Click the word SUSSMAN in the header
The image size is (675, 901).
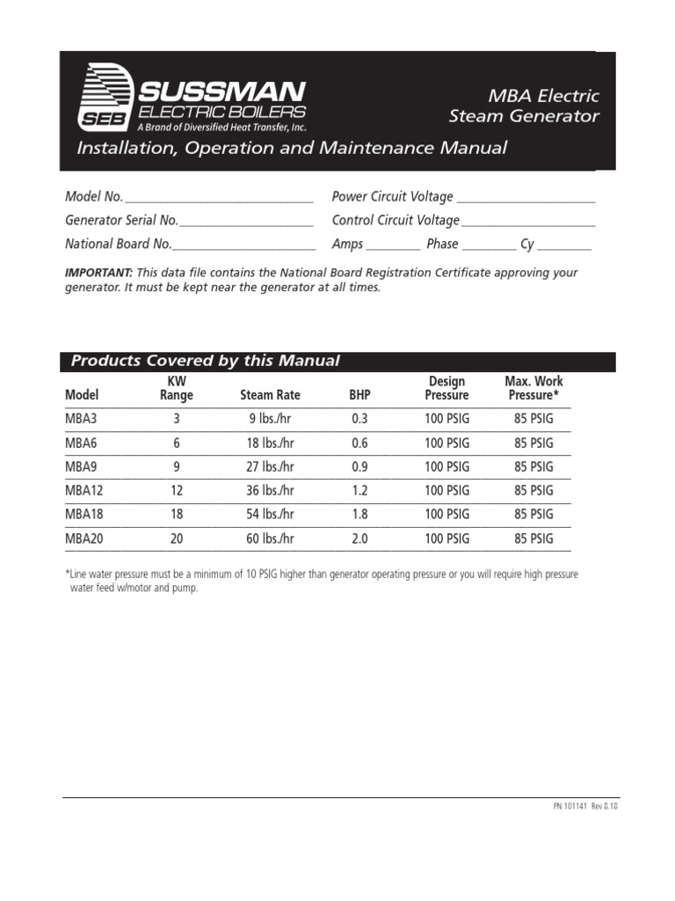(x=221, y=91)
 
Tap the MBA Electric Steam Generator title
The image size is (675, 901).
(x=524, y=106)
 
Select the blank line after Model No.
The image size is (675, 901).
(x=219, y=197)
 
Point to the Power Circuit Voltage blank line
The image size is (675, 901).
(x=526, y=197)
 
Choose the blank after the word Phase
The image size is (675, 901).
(x=489, y=245)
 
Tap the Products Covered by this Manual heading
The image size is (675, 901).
(x=205, y=361)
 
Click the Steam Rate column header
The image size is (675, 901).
(x=270, y=396)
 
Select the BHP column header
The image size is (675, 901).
(x=360, y=396)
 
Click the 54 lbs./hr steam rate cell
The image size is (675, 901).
(x=270, y=514)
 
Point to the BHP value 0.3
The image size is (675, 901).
(x=360, y=419)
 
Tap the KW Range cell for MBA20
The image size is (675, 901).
(x=176, y=538)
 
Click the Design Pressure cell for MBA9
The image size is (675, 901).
(x=447, y=466)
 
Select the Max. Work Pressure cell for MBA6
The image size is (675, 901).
(x=533, y=443)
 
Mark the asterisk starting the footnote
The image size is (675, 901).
(x=68, y=575)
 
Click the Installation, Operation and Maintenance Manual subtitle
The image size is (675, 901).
(x=292, y=148)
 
